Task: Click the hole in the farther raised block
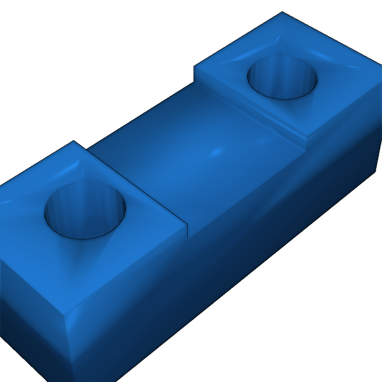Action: [282, 78]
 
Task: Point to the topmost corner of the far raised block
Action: [282, 12]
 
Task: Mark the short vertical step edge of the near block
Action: [187, 231]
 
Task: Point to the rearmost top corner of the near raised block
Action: [74, 141]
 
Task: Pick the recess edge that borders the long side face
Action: [246, 194]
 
